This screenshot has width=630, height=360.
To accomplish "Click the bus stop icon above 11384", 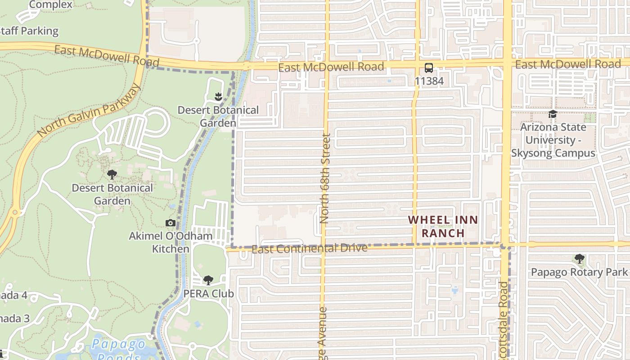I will coord(428,68).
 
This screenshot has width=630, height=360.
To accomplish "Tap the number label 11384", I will coord(429,81).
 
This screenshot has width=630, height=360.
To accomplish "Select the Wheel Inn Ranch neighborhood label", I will coord(436,226).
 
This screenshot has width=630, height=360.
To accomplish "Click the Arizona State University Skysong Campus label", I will coord(553,140).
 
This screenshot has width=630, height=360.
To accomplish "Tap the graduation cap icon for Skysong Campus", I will coord(553,114).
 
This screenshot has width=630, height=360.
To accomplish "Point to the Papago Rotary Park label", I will coord(579,272).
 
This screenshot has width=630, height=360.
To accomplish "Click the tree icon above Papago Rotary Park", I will coord(580,259).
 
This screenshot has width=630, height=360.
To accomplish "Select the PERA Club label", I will coord(208,293).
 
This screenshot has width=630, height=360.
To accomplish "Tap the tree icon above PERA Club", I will coord(208,280).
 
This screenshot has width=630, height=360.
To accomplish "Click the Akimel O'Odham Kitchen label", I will coord(171,242).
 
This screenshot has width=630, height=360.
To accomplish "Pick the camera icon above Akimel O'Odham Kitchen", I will coord(170,223).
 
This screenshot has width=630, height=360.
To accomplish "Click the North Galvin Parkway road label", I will coord(90,110).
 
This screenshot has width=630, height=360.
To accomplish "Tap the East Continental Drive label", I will coord(309,248).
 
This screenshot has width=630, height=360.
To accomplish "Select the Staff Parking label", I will coord(29,31).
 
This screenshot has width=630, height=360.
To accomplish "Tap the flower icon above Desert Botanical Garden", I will coord(218,96).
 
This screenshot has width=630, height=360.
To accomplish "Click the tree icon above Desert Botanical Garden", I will coord(112,175).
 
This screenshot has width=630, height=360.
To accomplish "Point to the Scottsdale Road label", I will coord(503,319).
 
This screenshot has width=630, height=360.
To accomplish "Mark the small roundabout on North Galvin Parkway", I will coord(15,212).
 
